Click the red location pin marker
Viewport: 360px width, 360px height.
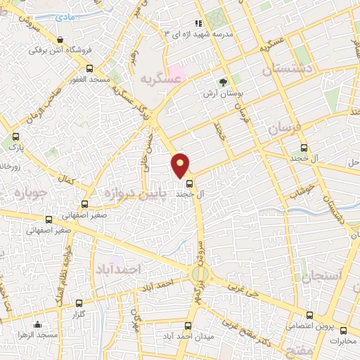tap(181, 165)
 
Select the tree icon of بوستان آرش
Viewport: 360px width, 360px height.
tap(224, 83)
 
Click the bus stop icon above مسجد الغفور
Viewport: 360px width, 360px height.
tap(89, 68)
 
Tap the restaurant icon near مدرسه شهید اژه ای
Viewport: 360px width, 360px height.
tap(198, 23)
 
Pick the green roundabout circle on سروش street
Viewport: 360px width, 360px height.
tap(200, 273)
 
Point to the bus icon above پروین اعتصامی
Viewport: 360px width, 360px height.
tap(310, 314)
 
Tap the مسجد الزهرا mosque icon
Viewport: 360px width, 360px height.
tap(37, 324)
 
